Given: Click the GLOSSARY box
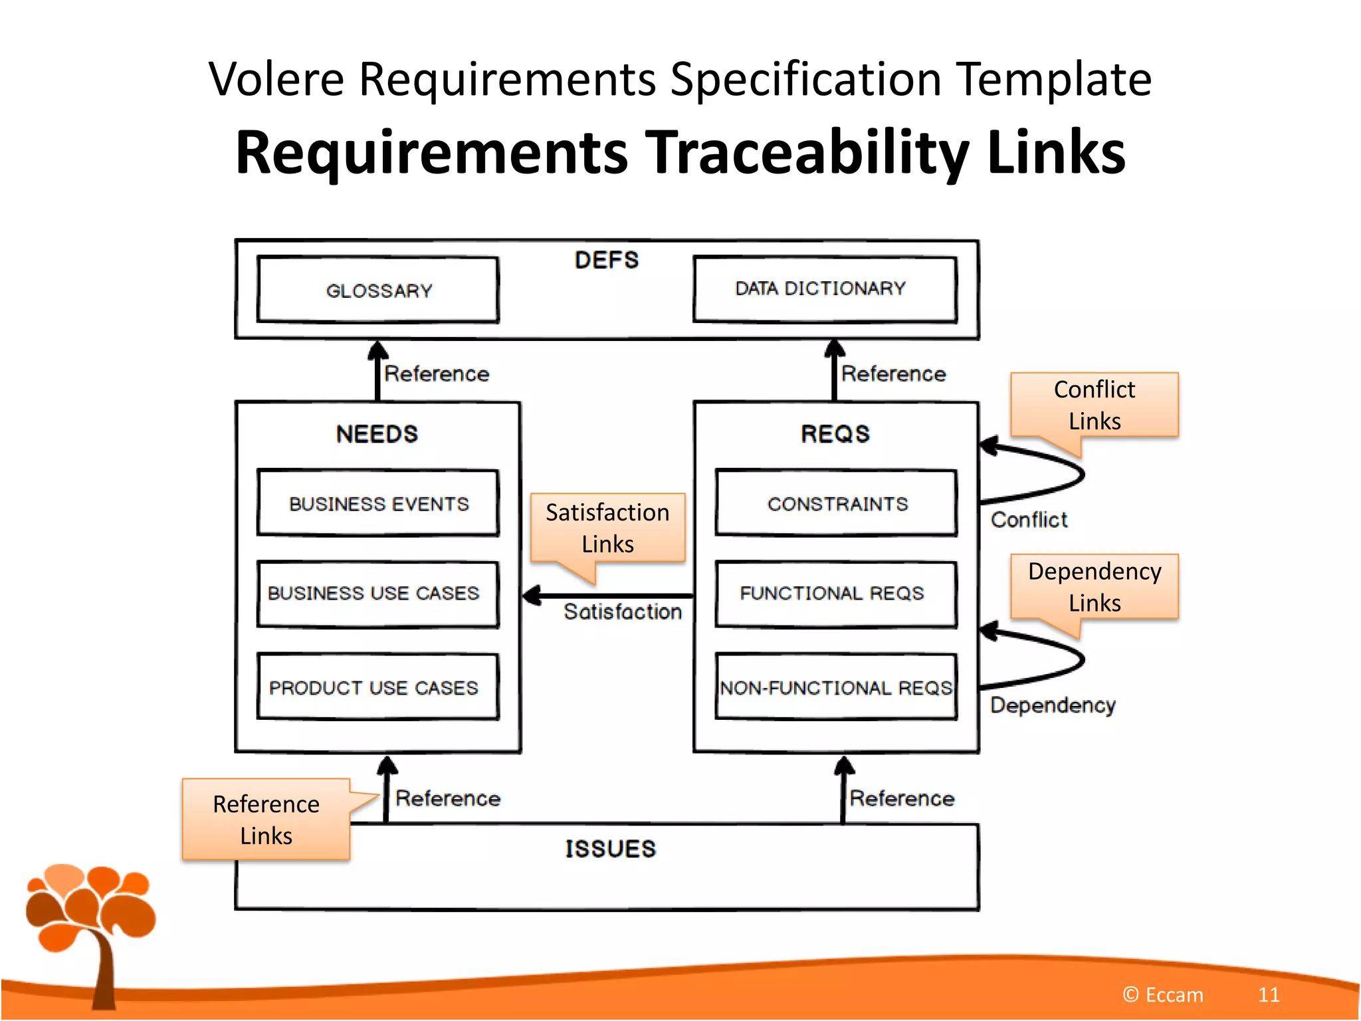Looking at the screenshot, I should pos(378,290).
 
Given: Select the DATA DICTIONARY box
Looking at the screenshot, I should pos(825,289).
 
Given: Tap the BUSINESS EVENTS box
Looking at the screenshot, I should pos(378,503).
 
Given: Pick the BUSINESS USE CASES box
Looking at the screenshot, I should pos(378,594).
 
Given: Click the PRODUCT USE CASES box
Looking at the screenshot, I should pos(378,687).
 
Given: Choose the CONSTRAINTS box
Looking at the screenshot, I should pos(836,503).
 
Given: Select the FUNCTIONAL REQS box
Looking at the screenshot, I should pos(836,594).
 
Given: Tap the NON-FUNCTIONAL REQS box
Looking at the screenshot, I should pos(836,687).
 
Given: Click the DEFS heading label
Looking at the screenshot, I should pos(606,260).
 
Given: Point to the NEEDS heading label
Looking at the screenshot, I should pos(377,434).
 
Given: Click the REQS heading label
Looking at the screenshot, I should pos(835,434).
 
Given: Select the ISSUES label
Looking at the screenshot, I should pos(610,849).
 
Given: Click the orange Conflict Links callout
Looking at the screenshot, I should pos(1094,405).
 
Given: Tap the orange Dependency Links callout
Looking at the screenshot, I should pos(1094,587).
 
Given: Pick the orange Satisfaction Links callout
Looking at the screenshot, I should pos(607,528).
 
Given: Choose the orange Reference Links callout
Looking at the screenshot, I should pos(266,820).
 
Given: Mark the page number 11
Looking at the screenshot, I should pos(1268,994).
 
